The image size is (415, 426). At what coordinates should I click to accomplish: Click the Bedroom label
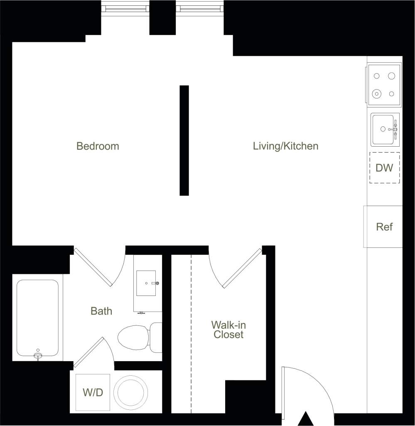98,146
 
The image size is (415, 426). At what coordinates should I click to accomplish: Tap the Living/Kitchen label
285,146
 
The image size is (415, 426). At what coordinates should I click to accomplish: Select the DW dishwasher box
384,168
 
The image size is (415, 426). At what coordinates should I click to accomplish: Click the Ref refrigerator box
384,227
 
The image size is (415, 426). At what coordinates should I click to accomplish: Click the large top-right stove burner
391,76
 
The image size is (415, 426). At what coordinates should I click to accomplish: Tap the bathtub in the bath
37,318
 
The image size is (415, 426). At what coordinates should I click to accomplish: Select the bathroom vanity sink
146,283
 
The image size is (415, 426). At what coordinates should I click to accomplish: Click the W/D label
93,393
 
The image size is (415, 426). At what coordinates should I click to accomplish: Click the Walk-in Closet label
228,330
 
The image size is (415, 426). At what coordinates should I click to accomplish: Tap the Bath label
101,311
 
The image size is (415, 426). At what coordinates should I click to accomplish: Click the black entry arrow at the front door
306,419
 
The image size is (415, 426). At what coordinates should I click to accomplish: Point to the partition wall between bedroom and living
184,140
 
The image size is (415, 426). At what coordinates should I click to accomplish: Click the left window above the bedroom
125,8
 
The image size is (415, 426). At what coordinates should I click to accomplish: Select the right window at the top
199,8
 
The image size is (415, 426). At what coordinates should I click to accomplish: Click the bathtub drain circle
38,351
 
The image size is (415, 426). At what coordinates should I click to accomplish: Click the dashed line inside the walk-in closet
191,332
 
